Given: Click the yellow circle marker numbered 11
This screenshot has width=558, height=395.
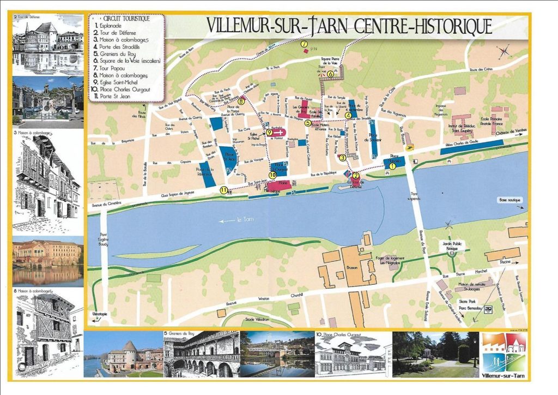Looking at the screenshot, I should click(223, 190).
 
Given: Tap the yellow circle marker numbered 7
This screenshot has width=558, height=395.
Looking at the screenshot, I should click(304, 44).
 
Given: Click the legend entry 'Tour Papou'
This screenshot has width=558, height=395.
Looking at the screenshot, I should click(112, 67).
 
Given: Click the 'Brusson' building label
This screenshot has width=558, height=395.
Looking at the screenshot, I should click(353, 268).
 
